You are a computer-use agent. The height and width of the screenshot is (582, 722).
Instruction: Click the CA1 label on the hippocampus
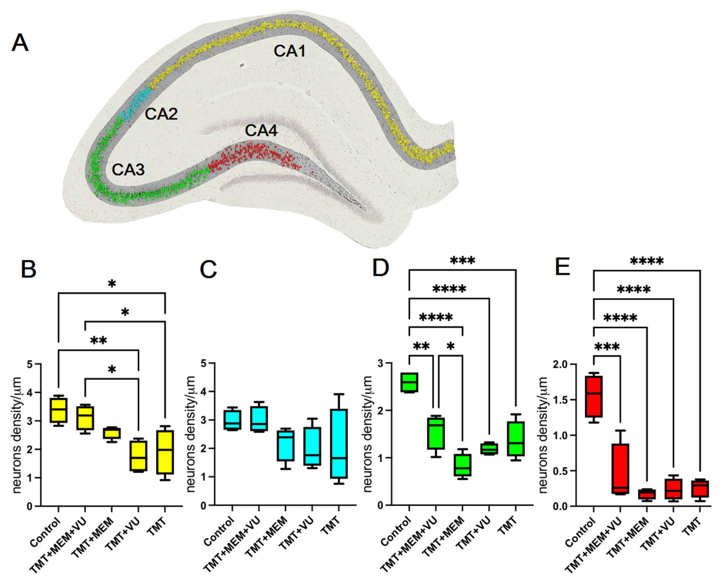coord(290,51)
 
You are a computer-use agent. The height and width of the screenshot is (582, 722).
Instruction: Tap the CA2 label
coord(161,114)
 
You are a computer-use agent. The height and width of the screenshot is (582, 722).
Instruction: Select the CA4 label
coord(261,131)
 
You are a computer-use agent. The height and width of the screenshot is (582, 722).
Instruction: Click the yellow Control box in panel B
coord(58,410)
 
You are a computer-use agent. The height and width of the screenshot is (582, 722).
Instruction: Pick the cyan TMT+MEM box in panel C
coord(286,446)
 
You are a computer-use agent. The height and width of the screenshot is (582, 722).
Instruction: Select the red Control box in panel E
coord(594,397)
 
